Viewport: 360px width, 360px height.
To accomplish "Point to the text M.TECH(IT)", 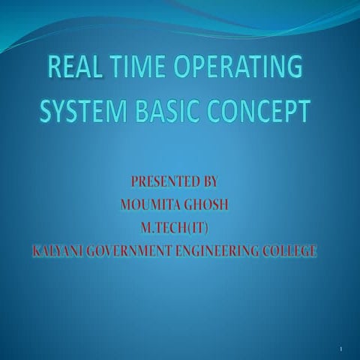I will pos(178,227).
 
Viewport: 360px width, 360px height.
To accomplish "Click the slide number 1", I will pos(340,349).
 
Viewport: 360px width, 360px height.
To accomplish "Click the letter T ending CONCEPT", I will pos(303,113).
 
